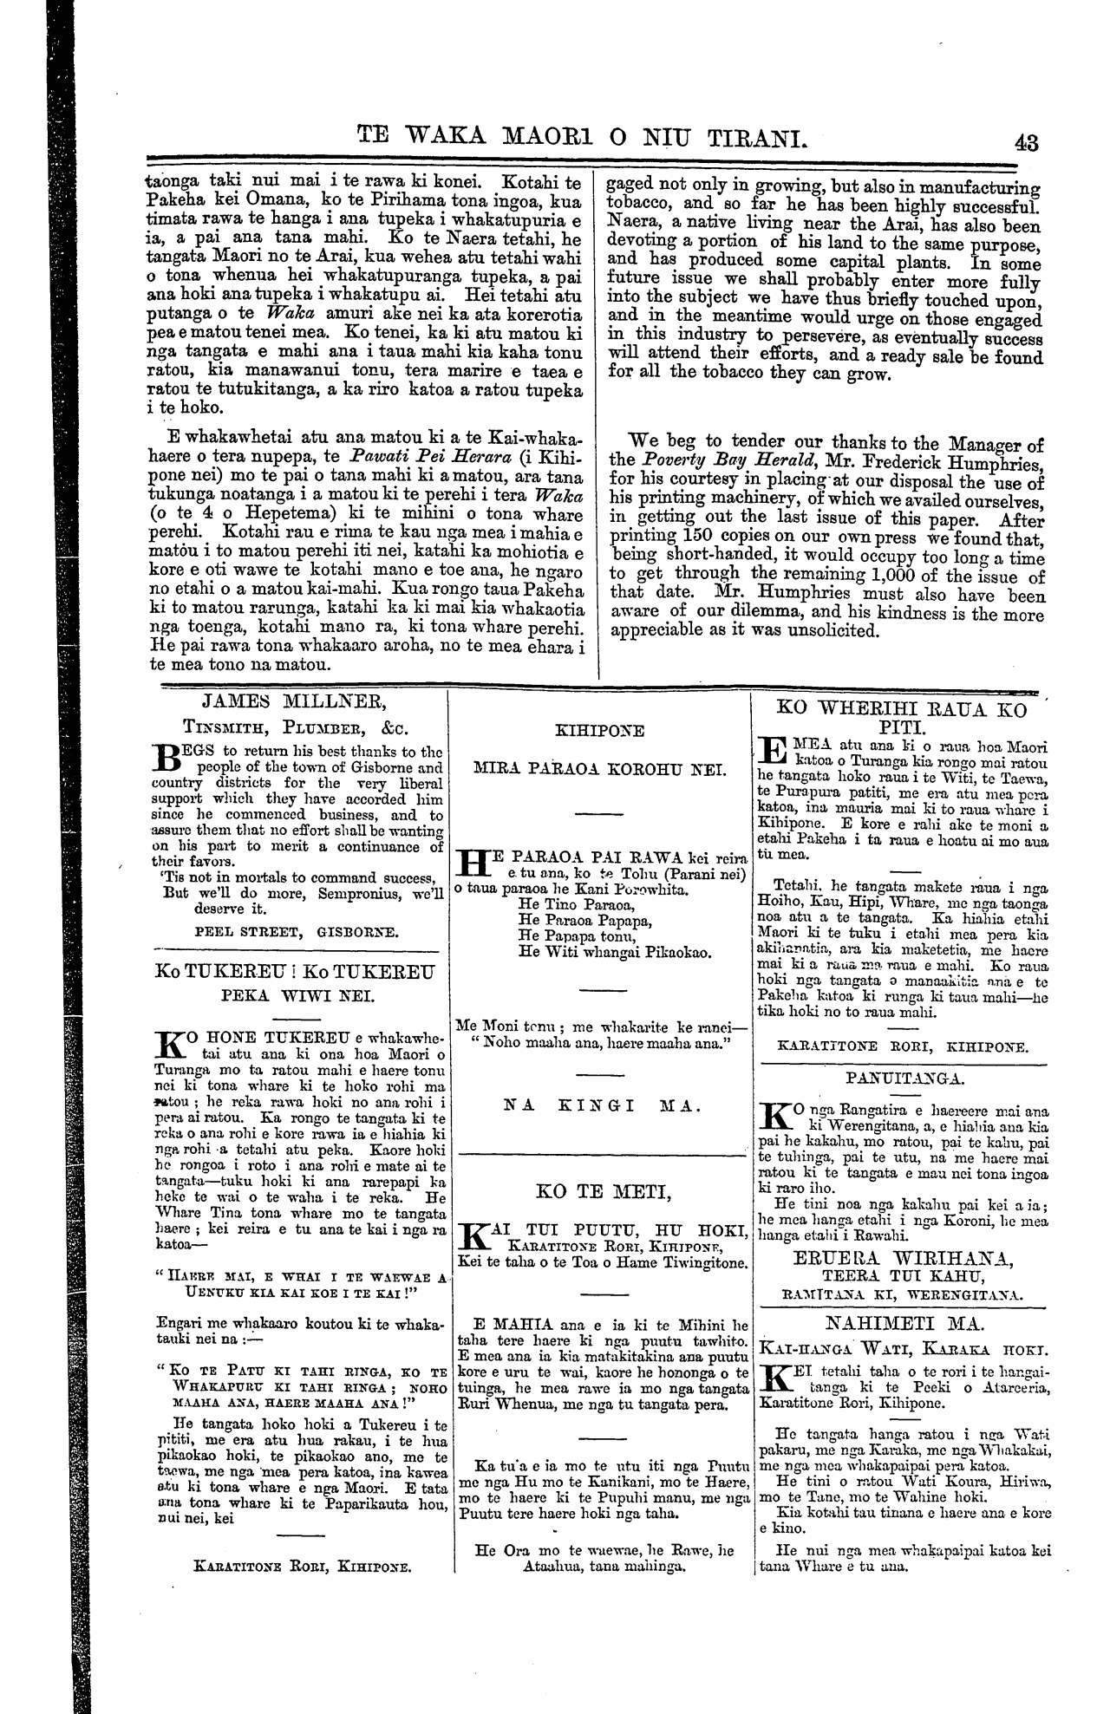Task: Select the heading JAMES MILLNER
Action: pos(299,701)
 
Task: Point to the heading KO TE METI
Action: pos(604,1192)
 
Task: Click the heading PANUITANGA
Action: pos(904,1079)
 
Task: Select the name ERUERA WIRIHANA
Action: pos(904,1258)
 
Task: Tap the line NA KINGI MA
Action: pos(603,1106)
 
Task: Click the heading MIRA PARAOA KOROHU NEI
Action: pos(603,768)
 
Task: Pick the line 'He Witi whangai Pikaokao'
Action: pos(614,952)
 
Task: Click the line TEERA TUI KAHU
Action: pos(904,1276)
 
